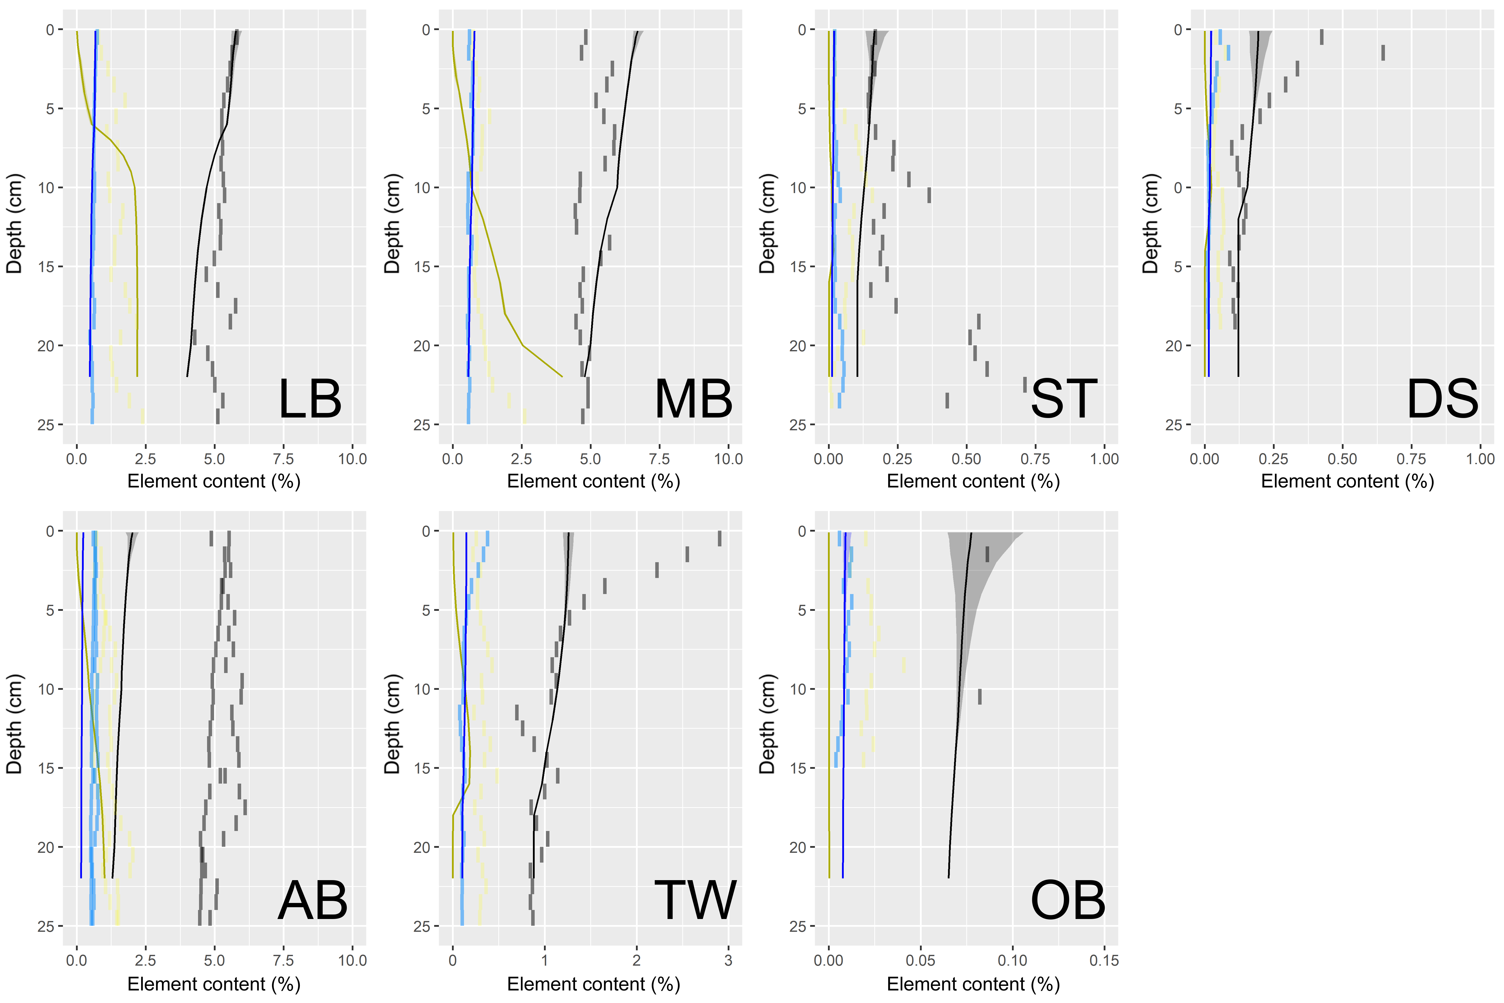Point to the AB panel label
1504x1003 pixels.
(x=313, y=901)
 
